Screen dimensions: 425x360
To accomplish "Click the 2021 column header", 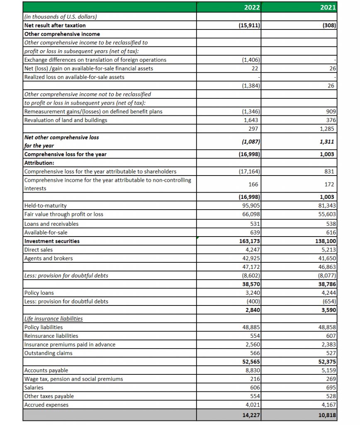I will [x=328, y=7].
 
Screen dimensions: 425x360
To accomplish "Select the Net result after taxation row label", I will [x=55, y=25].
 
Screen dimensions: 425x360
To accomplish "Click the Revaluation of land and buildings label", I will [x=66, y=120].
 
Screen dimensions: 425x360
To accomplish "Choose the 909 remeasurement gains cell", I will [x=331, y=111].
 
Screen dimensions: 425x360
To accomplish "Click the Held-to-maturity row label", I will [x=46, y=205].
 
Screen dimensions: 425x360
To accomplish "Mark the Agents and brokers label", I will [x=49, y=258].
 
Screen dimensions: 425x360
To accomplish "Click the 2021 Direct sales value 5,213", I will [x=328, y=249].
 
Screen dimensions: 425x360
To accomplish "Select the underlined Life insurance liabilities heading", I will [x=54, y=318].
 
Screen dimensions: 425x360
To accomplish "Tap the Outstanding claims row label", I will [x=49, y=353].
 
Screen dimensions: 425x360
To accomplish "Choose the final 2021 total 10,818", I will [x=327, y=415].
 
